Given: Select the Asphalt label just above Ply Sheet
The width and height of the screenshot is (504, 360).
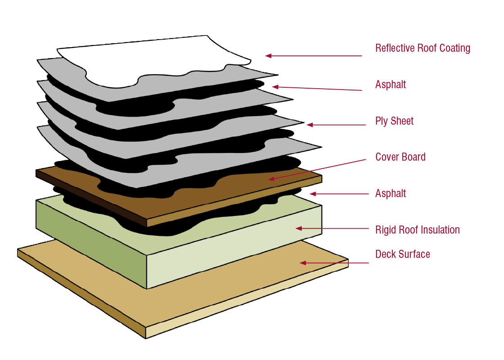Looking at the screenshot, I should click(x=390, y=85).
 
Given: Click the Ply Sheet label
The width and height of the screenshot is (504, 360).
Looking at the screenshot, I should click(x=394, y=121).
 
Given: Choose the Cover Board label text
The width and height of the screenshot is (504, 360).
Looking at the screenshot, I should click(x=400, y=157).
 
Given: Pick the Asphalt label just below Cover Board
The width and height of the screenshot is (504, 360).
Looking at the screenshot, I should click(x=390, y=193).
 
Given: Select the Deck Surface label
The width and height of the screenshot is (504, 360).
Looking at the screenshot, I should click(x=402, y=254).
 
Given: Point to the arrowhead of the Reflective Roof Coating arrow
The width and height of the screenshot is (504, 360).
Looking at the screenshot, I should click(x=268, y=56).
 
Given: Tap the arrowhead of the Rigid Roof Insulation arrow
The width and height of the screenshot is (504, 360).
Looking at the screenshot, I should click(x=298, y=229).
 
